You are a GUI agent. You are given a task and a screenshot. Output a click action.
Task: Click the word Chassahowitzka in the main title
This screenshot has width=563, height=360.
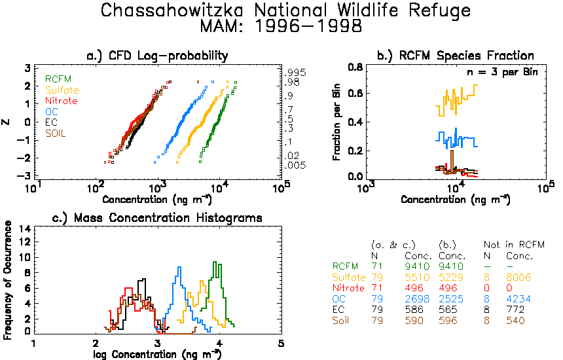click(x=172, y=10)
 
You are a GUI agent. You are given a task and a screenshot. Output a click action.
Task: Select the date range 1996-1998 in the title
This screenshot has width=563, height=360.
click(x=308, y=26)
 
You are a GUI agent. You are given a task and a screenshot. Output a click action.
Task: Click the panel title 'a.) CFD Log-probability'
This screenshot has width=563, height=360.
click(x=157, y=56)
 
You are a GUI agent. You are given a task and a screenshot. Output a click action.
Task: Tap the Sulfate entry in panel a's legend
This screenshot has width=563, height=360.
click(x=62, y=90)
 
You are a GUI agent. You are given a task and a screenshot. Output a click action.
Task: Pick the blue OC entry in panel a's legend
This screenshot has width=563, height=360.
click(x=52, y=112)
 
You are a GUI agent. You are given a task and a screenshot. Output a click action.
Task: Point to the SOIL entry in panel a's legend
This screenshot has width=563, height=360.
click(x=55, y=134)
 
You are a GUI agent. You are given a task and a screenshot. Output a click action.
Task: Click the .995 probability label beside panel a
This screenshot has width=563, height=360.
click(x=295, y=73)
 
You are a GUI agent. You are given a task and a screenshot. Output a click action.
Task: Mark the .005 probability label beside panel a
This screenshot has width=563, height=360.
click(x=295, y=166)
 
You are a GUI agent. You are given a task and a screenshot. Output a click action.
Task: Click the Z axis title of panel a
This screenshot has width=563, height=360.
click(x=6, y=122)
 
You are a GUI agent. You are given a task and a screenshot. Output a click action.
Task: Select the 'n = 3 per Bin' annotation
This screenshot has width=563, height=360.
click(x=502, y=72)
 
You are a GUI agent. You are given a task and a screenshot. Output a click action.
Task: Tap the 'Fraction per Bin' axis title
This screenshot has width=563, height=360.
click(x=336, y=122)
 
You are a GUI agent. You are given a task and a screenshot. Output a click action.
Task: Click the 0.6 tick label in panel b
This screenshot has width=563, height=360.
click(x=355, y=94)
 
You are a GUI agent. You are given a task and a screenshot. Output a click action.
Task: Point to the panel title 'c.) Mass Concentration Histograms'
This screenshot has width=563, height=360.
click(x=157, y=218)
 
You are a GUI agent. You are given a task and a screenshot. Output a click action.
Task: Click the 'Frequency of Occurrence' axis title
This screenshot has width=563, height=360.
click(x=7, y=280)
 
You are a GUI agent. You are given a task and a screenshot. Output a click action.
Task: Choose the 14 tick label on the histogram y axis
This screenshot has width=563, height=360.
click(x=24, y=229)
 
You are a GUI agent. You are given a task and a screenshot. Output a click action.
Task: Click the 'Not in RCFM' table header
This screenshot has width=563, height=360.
click(x=514, y=245)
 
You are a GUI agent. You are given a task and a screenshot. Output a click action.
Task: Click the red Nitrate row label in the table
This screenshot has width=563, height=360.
click(x=348, y=288)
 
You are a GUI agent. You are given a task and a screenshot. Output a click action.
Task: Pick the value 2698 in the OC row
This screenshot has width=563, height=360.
click(x=417, y=299)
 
